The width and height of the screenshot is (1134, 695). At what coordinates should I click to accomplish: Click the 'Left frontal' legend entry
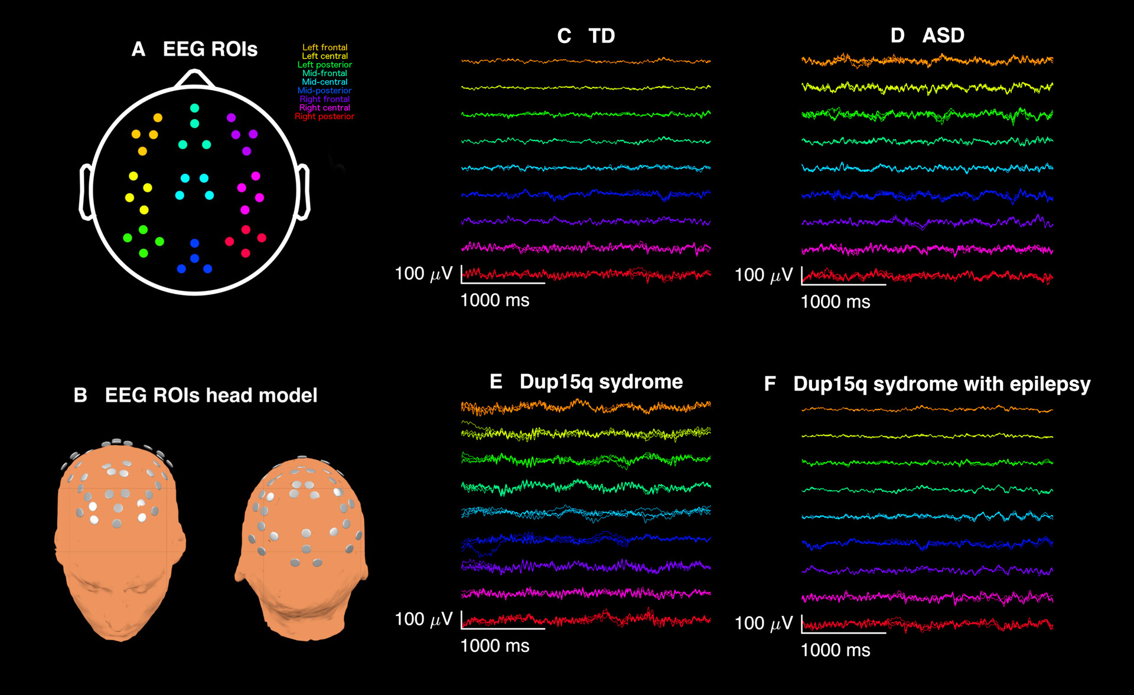(325, 47)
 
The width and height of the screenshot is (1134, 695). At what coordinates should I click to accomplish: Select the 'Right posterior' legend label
(324, 116)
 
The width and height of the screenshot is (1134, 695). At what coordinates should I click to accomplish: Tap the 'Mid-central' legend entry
(324, 82)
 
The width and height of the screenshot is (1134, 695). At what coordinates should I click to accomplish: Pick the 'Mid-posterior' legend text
(324, 90)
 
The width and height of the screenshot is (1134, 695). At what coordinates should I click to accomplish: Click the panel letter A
(138, 50)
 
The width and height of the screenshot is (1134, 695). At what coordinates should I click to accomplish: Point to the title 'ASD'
(943, 35)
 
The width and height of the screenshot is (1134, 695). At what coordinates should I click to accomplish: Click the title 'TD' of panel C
(602, 36)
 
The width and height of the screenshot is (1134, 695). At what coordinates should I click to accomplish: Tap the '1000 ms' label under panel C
(494, 300)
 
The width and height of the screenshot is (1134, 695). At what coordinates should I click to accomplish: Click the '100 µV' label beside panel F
(763, 623)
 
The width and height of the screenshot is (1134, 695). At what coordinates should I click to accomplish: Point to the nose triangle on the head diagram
(194, 79)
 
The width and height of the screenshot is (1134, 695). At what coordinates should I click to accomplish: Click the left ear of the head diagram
(86, 192)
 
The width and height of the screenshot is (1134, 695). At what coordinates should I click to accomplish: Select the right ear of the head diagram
(303, 192)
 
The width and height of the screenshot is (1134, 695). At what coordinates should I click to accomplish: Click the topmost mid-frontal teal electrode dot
(194, 108)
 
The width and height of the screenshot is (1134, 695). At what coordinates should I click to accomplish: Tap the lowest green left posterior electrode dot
(143, 253)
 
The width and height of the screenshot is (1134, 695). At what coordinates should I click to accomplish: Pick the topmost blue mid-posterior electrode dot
(194, 243)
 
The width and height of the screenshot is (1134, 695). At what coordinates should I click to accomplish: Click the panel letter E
(496, 382)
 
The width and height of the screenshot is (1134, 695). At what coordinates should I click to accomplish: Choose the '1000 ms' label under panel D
(835, 302)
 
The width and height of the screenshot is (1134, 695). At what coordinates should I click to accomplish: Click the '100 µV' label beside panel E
(423, 619)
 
